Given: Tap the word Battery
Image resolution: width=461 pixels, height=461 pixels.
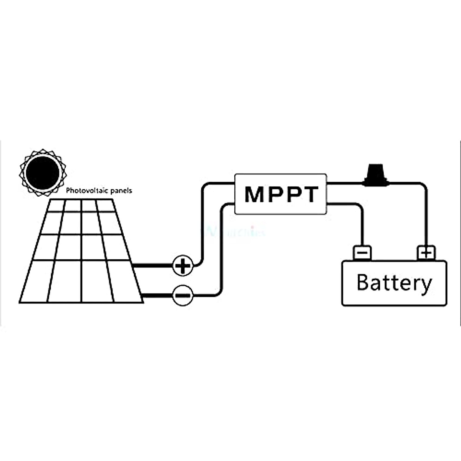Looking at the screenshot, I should coord(394,283).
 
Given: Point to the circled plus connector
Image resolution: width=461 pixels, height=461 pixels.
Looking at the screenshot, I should coord(183,265).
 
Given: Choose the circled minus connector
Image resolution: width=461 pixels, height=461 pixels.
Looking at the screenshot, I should coord(182,295).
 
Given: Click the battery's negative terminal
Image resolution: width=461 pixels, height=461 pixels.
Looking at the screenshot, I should coord(362,253).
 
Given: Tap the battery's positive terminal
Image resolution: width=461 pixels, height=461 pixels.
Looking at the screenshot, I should coord(426,253).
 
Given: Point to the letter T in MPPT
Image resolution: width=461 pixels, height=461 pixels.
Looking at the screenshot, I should coord(310,194).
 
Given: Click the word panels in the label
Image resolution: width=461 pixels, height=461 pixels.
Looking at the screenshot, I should coord(121,191).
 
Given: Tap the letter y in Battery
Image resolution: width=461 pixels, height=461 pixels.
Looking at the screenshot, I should coord(425,285).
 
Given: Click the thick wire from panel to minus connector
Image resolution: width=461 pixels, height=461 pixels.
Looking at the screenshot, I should coord(158,295).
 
